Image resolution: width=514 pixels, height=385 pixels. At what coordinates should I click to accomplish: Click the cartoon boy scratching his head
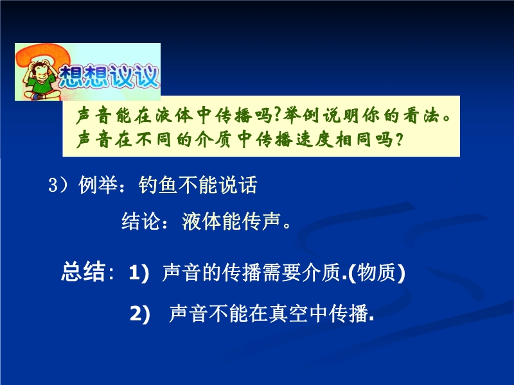coord(40,80)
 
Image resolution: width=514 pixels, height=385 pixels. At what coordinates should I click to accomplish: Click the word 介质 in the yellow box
coord(213,140)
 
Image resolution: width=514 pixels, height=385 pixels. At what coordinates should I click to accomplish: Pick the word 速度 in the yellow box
coord(314,140)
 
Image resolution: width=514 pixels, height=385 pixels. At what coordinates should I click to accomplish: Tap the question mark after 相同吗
coord(398,140)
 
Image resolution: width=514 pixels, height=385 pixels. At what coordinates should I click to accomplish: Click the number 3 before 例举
coord(53,185)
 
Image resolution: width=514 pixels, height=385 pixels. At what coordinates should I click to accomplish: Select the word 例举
coord(98,185)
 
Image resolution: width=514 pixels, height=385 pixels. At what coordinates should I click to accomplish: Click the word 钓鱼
coord(158,185)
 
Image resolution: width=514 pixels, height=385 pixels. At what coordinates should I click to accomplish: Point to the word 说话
coord(238,185)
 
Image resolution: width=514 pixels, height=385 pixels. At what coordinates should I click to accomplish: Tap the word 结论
coord(141,221)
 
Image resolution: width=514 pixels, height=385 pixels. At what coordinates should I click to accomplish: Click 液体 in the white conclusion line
coord(202,221)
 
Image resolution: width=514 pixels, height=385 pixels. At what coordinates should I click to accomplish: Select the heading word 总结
coord(84,271)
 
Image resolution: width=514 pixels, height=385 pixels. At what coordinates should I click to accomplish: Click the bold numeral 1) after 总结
coord(139,272)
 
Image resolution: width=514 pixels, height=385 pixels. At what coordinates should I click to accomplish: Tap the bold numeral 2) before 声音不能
coord(140,314)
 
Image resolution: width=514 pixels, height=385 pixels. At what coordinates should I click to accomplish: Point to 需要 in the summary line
coord(281,272)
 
